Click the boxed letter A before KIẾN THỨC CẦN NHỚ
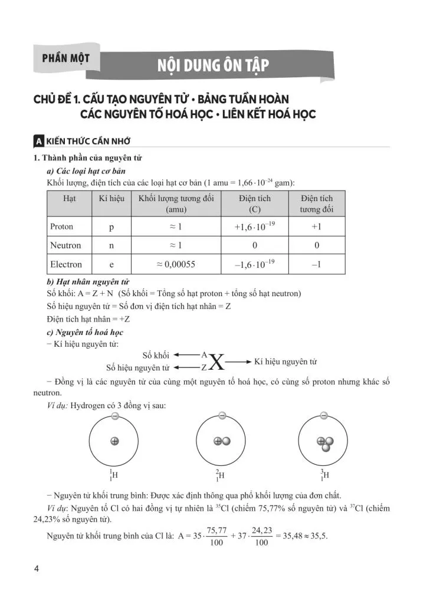point(38,142)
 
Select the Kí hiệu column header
point(111,198)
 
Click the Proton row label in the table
point(62,226)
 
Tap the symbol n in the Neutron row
point(111,245)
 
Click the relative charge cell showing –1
point(316,264)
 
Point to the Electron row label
point(66,264)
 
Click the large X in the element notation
point(216,362)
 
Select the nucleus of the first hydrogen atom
point(114,441)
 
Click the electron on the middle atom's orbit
point(222,416)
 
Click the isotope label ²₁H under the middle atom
point(221,475)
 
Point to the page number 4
point(37,569)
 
